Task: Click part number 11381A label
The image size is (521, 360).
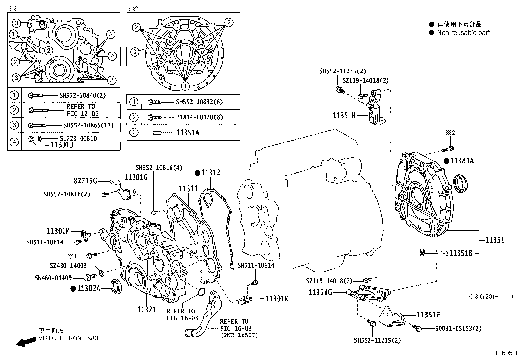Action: (x=462, y=161)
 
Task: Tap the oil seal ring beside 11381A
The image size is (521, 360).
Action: (x=460, y=183)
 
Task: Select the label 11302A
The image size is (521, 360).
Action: (x=89, y=288)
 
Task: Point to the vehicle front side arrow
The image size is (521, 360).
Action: (x=26, y=342)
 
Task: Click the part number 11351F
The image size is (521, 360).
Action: (x=428, y=315)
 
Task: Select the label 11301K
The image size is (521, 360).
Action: (x=277, y=299)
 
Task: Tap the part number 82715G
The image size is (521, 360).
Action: (x=85, y=181)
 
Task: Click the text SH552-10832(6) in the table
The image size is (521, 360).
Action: (x=199, y=102)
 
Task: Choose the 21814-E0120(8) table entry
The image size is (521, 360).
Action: (x=199, y=117)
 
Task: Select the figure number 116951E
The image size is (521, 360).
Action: (x=507, y=353)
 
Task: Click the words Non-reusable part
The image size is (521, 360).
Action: (x=463, y=33)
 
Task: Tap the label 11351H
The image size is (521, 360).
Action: (x=344, y=115)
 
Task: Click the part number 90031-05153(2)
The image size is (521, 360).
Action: (x=456, y=328)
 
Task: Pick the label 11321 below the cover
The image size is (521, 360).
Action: (x=147, y=310)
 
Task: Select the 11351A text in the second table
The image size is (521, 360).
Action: (x=188, y=133)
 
